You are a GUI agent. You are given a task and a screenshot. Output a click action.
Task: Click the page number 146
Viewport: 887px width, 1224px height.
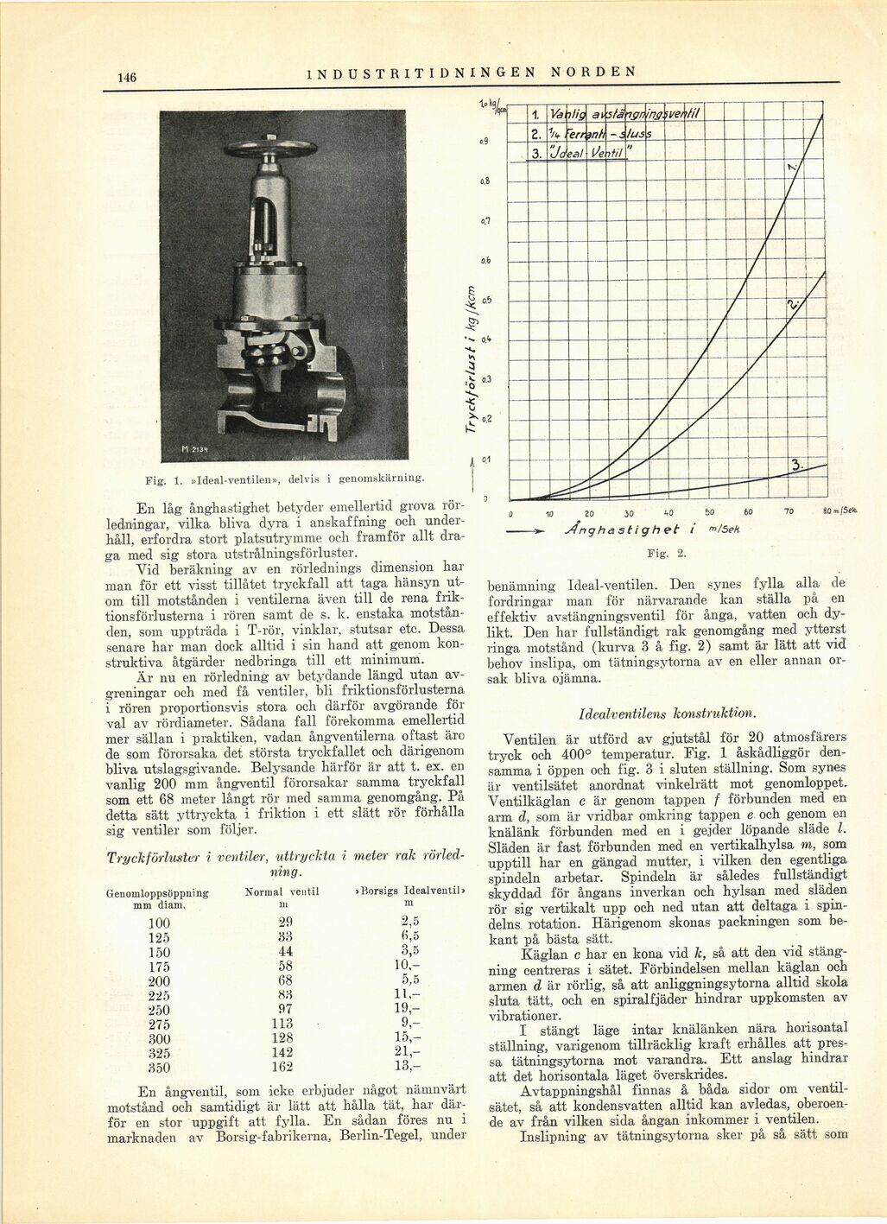pos(127,77)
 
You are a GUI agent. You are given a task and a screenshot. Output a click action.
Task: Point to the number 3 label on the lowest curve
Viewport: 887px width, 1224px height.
pos(796,466)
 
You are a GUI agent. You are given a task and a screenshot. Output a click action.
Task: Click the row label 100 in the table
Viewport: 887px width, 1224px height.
pos(159,922)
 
